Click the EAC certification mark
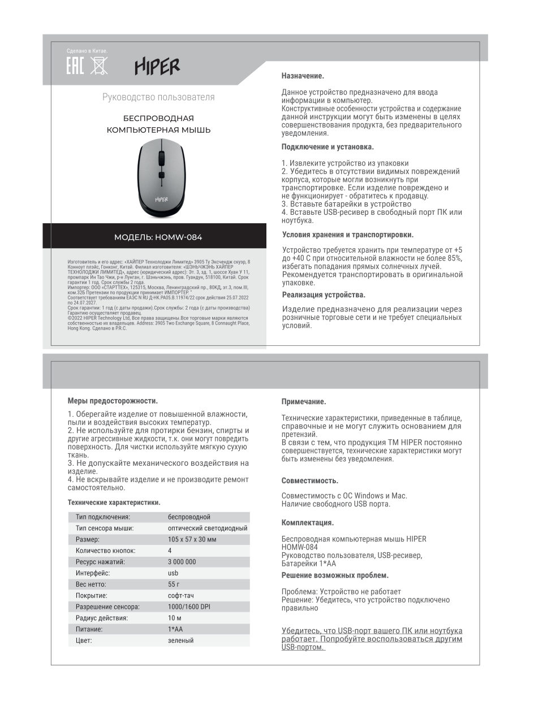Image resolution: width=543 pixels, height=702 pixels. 75,66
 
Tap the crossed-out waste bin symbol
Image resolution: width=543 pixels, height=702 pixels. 98,66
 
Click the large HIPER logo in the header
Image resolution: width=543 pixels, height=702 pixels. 157,67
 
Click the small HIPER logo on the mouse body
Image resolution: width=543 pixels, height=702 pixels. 161,198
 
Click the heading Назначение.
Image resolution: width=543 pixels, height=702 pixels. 303,76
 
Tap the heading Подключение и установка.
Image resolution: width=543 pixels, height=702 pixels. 327,147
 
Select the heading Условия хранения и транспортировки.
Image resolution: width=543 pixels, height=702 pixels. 347,235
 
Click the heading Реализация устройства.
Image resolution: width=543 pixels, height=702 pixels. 324,295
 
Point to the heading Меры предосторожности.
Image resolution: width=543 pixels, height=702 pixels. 112,401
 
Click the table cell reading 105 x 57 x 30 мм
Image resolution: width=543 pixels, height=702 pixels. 192,540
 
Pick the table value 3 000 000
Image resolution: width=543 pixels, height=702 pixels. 182,562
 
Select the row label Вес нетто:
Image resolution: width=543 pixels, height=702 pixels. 90,584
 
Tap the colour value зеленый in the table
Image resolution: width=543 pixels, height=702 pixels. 180,640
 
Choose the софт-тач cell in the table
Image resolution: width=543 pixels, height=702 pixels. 180,596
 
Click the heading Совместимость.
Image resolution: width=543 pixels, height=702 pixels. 310,481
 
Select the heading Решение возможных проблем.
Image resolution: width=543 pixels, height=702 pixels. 335,575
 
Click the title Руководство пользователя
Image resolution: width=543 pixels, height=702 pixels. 158,97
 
